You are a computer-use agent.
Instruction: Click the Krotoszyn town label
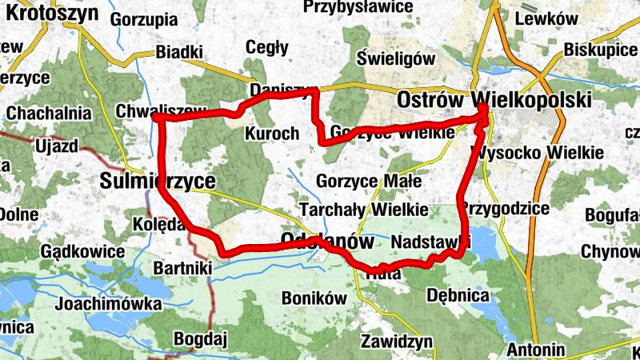53,13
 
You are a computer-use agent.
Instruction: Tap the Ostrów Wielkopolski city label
494,101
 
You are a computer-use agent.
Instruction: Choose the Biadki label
179,52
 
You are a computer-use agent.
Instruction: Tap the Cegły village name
268,47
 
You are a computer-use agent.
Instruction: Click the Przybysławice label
358,7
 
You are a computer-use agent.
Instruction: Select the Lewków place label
547,19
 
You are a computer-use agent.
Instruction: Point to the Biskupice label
600,50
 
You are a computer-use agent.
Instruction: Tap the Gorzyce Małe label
369,181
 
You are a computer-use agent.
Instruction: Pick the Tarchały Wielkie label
363,210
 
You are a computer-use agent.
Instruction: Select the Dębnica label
458,295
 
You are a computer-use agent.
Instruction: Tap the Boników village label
314,298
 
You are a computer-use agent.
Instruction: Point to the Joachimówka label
108,304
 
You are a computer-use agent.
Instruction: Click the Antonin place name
536,350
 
